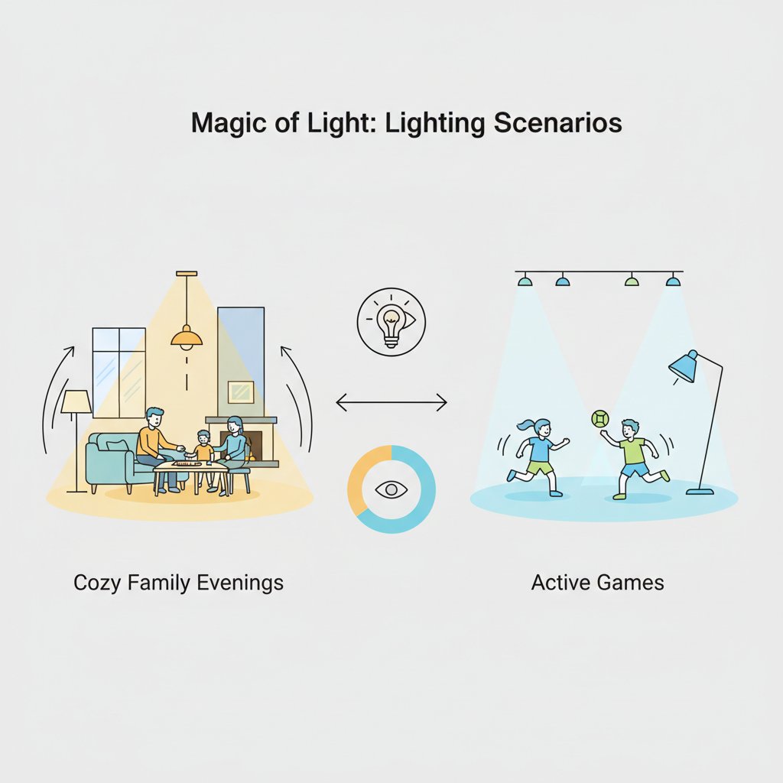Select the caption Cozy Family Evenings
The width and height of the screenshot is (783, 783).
coord(178,583)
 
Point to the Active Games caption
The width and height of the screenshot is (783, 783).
coord(597,582)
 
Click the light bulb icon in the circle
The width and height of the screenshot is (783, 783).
coord(391,325)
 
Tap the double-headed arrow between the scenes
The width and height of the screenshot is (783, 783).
coord(391,402)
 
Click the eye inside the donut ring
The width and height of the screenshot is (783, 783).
coord(391,490)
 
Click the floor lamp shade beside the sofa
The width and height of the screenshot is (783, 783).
coord(76,401)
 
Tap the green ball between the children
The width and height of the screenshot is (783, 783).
coord(599,418)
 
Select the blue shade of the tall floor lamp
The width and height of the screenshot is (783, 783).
coord(683,366)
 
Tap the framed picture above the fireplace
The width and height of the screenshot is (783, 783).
coord(241,392)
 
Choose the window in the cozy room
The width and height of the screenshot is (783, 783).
coord(119,372)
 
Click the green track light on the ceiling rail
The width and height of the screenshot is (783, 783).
coord(632,281)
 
